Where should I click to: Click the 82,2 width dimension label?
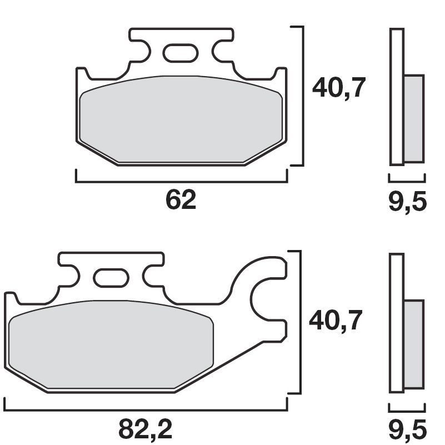click(146, 429)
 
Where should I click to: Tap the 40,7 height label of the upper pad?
click(339, 88)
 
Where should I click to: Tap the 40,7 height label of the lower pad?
click(336, 321)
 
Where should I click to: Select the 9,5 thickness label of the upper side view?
click(407, 201)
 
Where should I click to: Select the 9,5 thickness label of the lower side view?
click(407, 429)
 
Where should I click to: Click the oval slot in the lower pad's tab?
click(111, 278)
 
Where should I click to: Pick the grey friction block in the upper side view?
click(413, 118)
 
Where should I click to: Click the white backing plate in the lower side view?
click(396, 322)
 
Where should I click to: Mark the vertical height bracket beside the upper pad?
click(303, 96)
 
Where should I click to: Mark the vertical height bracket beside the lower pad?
click(300, 322)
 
